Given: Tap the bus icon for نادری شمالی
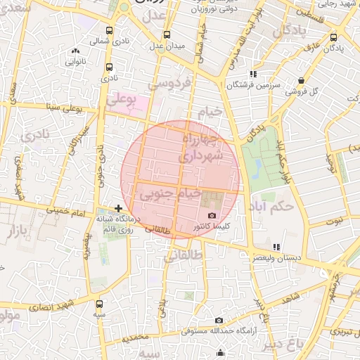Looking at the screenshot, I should click(x=109, y=31).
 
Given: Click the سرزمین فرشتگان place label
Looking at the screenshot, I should click(x=253, y=84).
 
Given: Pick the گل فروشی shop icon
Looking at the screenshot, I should click(x=301, y=80).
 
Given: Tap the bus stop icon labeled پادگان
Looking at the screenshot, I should click(x=333, y=37).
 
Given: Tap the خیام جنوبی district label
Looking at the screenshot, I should click(x=173, y=193).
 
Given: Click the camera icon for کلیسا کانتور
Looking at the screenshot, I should click(x=212, y=216).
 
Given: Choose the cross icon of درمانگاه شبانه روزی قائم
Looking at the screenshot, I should click(x=118, y=208).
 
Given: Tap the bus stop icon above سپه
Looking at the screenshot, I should click(x=98, y=304).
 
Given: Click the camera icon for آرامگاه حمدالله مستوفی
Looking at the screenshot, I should click(x=219, y=321).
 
